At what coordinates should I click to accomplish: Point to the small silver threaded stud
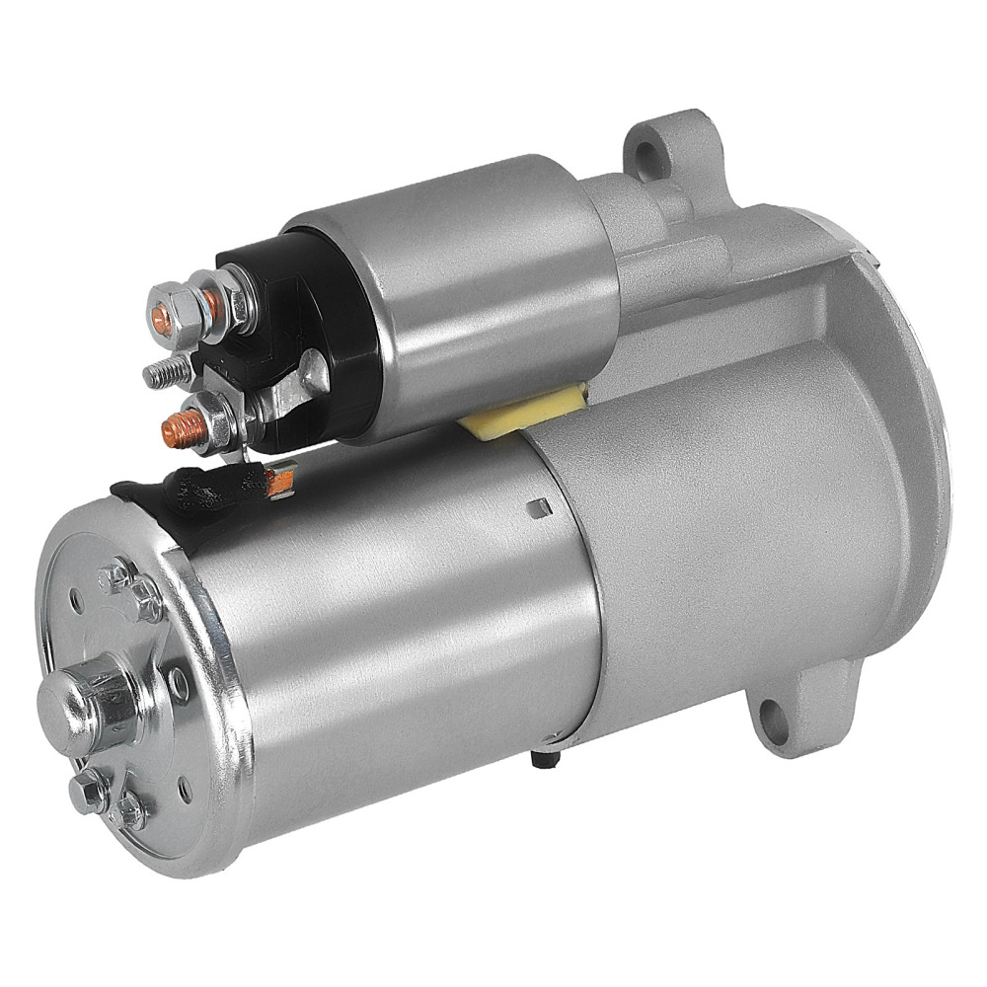coord(164,373)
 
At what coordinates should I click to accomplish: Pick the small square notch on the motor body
coord(538,507)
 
